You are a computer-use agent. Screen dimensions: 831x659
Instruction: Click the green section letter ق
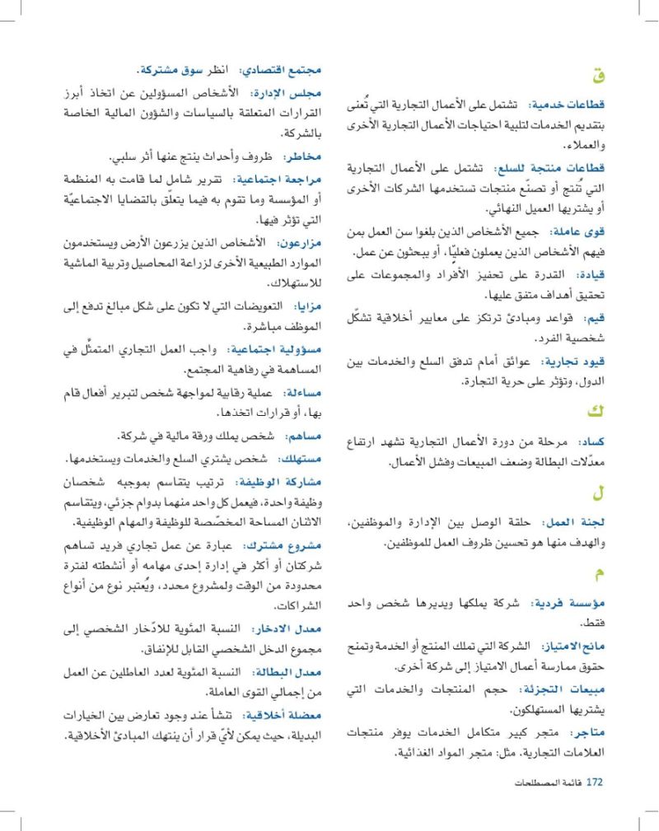pyautogui.click(x=598, y=77)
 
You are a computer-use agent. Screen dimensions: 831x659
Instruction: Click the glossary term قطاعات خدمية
pyautogui.click(x=574, y=106)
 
